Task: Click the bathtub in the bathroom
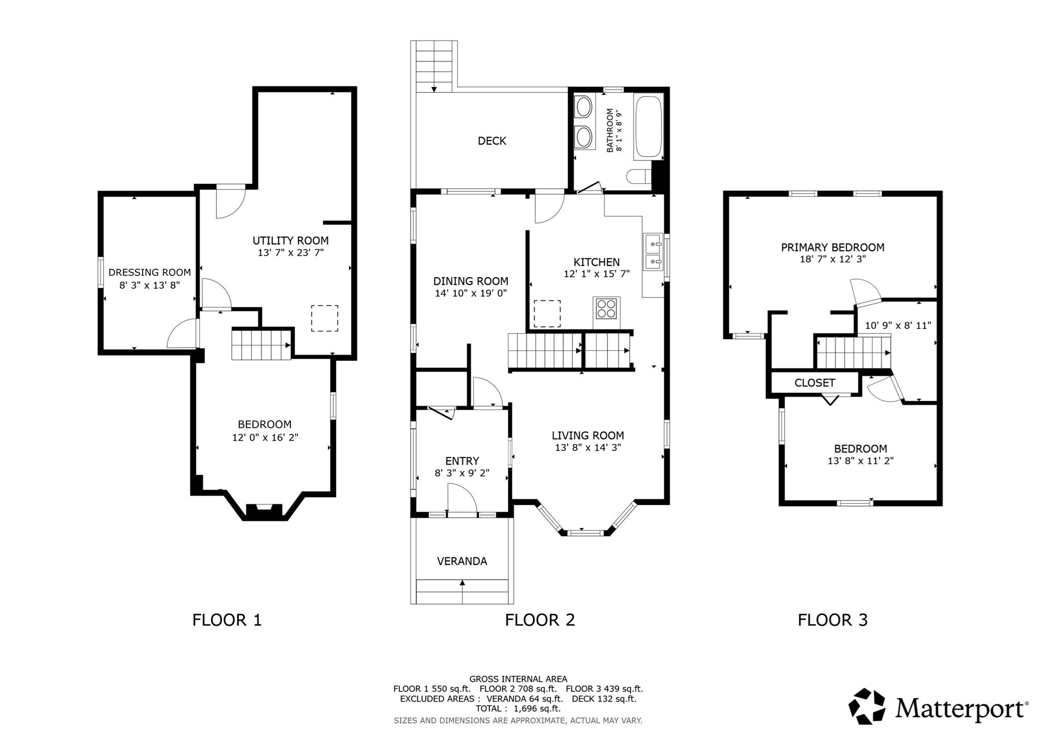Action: [x=648, y=127]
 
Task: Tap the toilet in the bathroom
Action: [x=639, y=177]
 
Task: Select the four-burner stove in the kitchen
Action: [x=606, y=308]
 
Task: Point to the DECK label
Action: [x=492, y=141]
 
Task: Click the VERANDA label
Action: [x=462, y=561]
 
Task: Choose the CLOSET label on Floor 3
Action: [x=815, y=383]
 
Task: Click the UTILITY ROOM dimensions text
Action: [x=290, y=253]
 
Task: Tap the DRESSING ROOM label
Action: [x=150, y=273]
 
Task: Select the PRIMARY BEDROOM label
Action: [x=833, y=247]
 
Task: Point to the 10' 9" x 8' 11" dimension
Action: [x=898, y=325]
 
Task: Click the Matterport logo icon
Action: [x=867, y=706]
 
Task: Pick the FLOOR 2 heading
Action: [x=540, y=620]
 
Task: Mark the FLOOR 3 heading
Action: [x=833, y=620]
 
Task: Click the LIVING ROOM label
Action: [x=588, y=436]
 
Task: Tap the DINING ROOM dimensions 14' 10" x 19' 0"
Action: [x=471, y=293]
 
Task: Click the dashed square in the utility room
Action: [x=324, y=318]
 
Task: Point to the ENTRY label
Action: [x=462, y=461]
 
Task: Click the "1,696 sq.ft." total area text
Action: [x=537, y=709]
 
